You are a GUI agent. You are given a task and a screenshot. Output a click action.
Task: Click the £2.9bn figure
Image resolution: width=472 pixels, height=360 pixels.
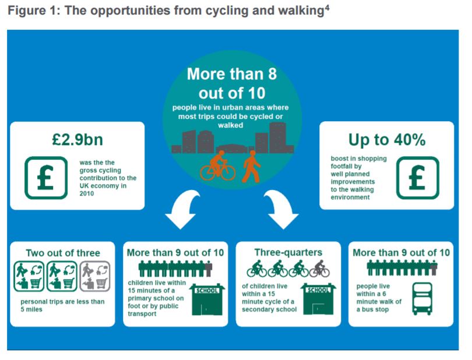tap(78, 140)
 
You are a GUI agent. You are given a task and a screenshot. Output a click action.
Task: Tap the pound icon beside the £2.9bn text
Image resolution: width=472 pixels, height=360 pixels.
tap(46, 178)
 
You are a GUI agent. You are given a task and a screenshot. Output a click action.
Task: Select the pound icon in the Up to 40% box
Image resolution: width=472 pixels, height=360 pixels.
tap(417, 178)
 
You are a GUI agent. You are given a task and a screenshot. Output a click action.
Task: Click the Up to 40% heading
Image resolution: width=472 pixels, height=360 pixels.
tap(387, 140)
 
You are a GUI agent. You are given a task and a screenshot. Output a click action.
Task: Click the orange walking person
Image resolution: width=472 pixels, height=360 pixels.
tap(251, 167)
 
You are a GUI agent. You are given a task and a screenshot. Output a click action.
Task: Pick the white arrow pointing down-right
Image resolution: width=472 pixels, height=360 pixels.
tap(282, 209)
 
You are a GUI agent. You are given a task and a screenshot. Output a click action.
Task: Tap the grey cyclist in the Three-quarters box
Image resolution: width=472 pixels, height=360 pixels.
tap(320, 269)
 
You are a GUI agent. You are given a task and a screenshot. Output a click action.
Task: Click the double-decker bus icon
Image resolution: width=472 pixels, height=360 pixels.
tap(422, 299)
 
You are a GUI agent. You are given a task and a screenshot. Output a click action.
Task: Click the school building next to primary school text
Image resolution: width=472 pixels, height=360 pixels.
tap(207, 299)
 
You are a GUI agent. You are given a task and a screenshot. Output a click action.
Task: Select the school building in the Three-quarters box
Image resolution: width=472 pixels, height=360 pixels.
tap(318, 299)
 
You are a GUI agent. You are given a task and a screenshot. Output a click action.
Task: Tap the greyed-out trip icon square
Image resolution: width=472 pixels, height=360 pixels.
tap(95, 276)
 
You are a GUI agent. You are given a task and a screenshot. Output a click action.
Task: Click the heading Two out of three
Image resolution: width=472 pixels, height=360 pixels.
tap(63, 253)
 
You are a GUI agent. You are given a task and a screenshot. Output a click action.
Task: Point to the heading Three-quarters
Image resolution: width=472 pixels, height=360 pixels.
tap(288, 252)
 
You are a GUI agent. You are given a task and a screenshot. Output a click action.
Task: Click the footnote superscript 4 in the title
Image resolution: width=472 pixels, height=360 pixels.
tap(327, 7)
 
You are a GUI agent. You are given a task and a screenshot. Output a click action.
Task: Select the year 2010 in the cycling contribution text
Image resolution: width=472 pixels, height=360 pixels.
tap(87, 193)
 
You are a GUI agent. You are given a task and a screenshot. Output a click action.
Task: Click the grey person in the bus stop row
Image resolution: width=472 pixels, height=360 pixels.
tap(434, 268)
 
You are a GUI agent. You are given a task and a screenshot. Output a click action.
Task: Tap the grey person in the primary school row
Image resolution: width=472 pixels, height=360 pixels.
tap(208, 269)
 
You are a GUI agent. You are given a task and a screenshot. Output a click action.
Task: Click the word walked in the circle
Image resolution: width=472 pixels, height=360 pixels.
tap(231, 125)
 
